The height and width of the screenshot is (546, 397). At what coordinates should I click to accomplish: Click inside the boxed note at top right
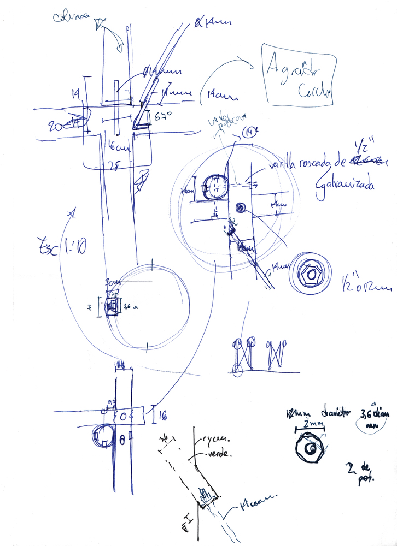pos(298,75)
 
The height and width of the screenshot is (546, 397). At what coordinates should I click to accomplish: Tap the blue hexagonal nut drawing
pos(310,274)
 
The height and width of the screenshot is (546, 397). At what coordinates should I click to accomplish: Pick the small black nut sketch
pos(311,449)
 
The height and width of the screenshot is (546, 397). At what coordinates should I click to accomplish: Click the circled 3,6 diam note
pos(377,418)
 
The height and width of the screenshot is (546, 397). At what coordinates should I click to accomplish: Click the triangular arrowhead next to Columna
pos(98,23)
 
